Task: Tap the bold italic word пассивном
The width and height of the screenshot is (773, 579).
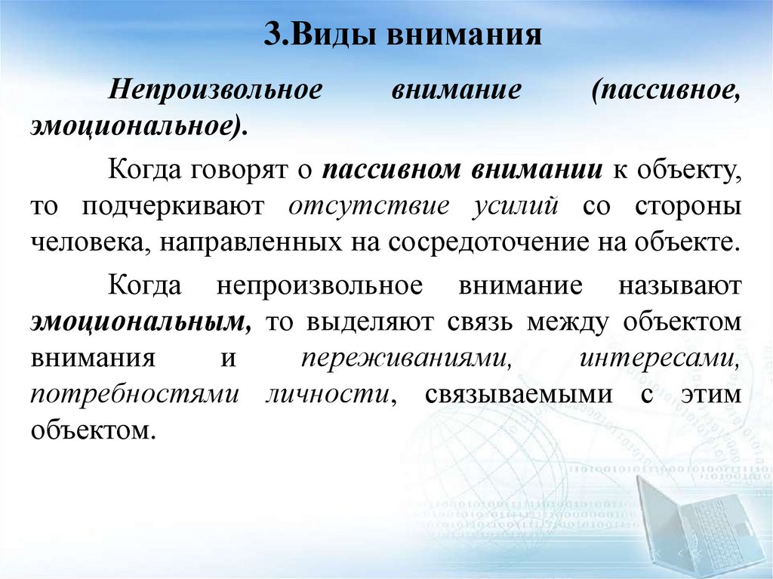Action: pos(385,170)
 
